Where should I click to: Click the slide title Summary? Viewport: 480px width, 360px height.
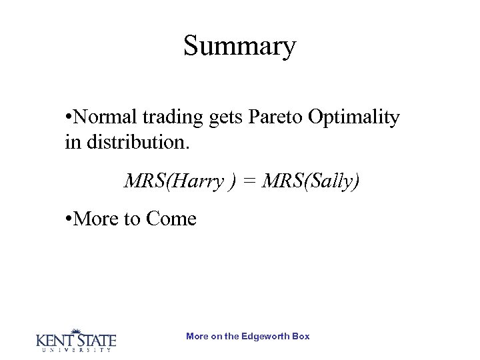click(x=239, y=46)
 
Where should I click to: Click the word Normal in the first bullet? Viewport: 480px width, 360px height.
click(x=106, y=117)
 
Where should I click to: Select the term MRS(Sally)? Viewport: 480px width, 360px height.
click(x=311, y=181)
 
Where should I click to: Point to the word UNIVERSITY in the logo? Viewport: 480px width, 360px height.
click(x=75, y=350)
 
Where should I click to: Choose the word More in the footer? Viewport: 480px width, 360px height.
click(x=197, y=336)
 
